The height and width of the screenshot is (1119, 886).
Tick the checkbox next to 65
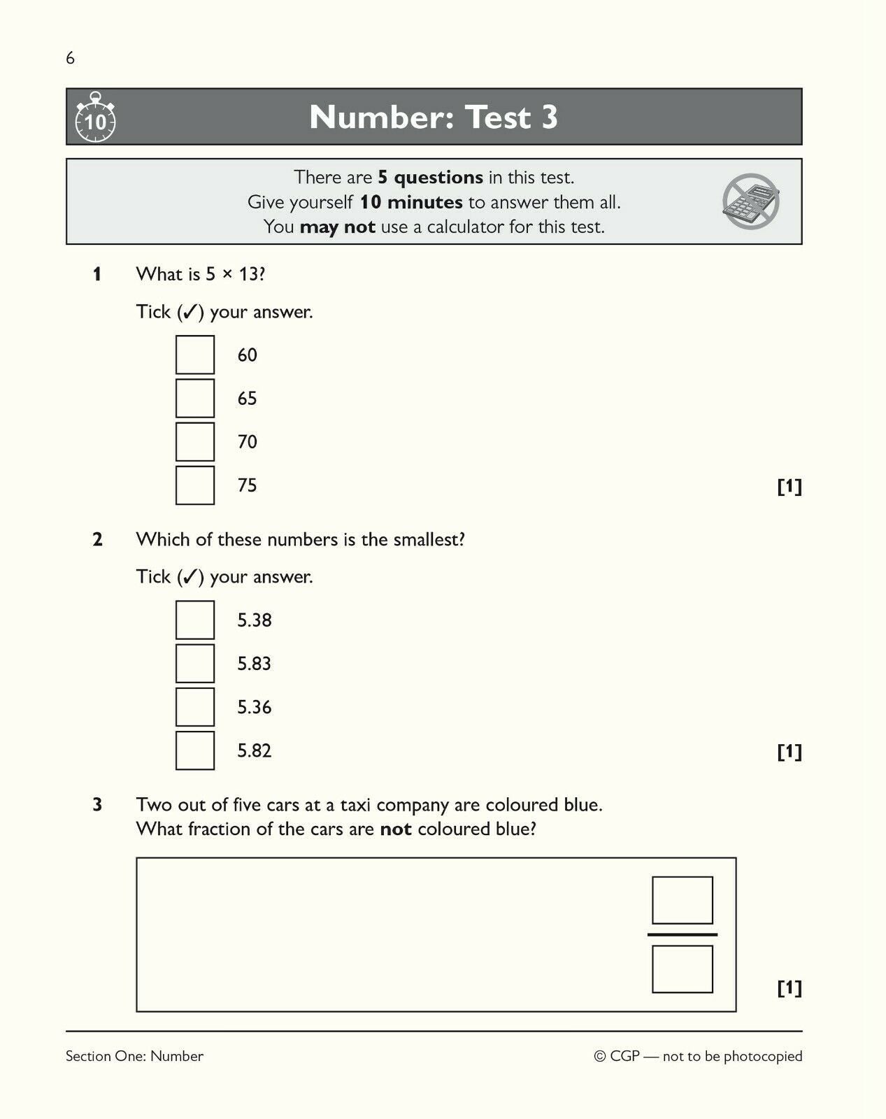(x=195, y=399)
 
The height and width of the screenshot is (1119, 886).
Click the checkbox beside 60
(x=195, y=355)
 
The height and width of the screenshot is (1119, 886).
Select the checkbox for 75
(x=195, y=485)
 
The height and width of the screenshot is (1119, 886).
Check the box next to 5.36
(x=195, y=707)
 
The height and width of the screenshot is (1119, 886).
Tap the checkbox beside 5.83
(x=195, y=664)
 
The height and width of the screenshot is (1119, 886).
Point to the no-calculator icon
(x=750, y=201)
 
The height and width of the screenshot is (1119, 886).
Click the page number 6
(x=70, y=58)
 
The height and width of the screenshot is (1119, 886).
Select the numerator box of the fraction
(x=682, y=900)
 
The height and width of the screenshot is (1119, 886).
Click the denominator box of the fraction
(x=682, y=969)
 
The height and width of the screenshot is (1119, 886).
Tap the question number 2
(x=97, y=540)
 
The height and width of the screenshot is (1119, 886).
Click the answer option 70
(x=248, y=442)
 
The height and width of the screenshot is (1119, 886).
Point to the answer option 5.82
(x=254, y=751)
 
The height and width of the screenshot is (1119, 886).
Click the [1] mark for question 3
(x=789, y=988)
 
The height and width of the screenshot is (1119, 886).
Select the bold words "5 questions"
(x=430, y=178)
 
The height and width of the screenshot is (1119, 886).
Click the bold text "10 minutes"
(x=411, y=203)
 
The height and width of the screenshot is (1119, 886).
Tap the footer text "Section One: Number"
(x=134, y=1056)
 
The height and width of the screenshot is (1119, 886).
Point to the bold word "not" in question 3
(x=396, y=829)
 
